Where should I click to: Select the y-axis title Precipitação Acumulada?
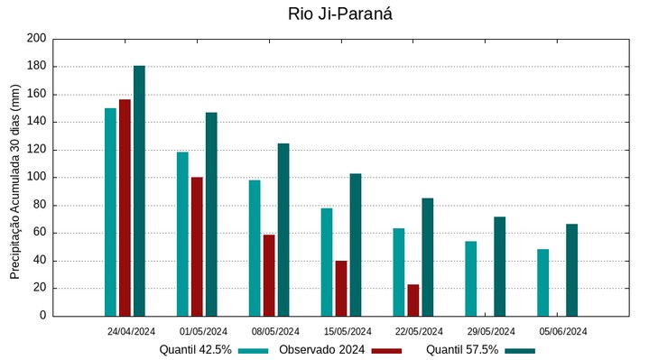click(14, 178)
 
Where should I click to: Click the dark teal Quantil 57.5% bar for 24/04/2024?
click(139, 191)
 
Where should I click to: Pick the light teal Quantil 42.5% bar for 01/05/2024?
click(182, 234)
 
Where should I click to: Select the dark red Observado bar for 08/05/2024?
click(269, 275)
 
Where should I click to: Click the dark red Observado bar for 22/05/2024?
click(413, 300)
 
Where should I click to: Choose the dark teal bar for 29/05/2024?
click(499, 266)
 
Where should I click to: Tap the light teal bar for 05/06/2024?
click(542, 282)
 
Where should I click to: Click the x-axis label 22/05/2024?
click(419, 331)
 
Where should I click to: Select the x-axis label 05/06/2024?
click(563, 331)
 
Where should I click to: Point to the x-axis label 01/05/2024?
click(204, 331)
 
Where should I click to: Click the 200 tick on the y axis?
click(36, 39)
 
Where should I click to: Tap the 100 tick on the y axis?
click(36, 178)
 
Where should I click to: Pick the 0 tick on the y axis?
click(42, 317)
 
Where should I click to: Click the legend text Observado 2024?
click(321, 350)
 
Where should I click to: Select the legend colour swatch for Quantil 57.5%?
click(520, 350)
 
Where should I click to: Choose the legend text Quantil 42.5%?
click(196, 350)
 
